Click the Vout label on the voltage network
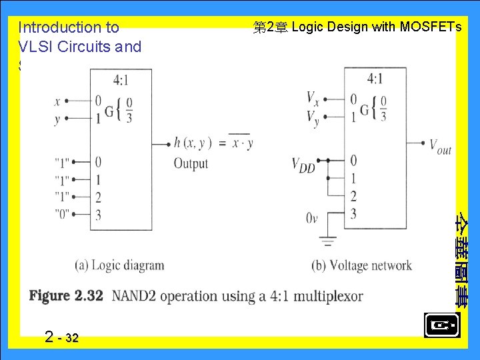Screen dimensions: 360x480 (x=440, y=146)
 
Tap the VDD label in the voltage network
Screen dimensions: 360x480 (x=303, y=165)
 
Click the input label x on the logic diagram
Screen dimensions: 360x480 (x=57, y=101)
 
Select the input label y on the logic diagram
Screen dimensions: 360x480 (x=57, y=119)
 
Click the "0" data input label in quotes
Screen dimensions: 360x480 (x=62, y=214)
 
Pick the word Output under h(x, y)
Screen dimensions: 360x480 (x=191, y=163)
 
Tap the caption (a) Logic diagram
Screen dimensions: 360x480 (x=119, y=265)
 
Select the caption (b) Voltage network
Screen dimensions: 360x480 (x=361, y=265)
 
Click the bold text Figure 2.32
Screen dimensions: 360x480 (x=66, y=295)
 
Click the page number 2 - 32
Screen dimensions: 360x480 (x=62, y=337)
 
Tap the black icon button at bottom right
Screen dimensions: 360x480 (x=441, y=325)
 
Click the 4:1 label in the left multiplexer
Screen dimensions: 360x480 (x=121, y=80)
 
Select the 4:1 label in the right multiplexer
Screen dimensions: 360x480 (x=375, y=79)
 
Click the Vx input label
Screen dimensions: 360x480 (x=312, y=99)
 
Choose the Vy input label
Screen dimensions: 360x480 (x=312, y=118)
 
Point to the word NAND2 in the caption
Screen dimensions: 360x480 (x=133, y=295)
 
